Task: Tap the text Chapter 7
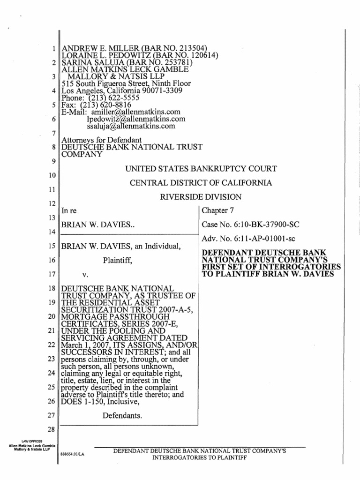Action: click(x=214, y=211)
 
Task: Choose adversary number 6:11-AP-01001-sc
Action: click(x=240, y=240)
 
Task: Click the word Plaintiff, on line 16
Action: click(x=119, y=261)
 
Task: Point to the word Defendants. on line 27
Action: click(x=122, y=402)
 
